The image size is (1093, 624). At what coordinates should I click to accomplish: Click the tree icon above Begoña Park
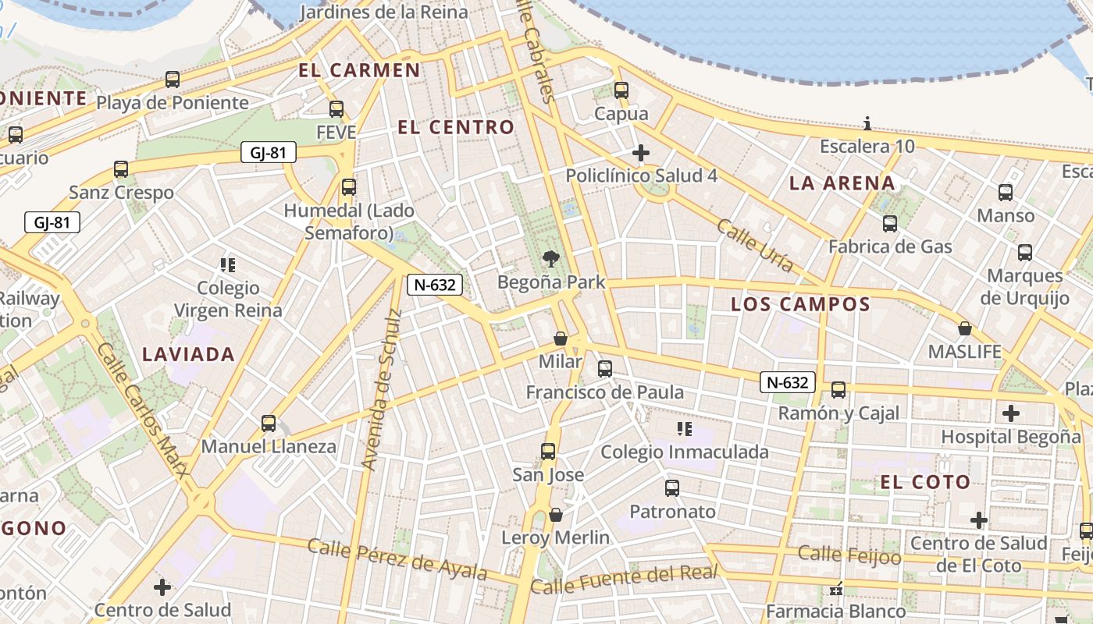coord(552,259)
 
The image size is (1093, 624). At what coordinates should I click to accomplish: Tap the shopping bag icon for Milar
coord(560,339)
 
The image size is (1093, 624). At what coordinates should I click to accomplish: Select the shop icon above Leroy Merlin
coord(556,515)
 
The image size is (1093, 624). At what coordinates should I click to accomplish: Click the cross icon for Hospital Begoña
coord(1011,413)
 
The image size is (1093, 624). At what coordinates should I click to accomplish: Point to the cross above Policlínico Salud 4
coord(641,152)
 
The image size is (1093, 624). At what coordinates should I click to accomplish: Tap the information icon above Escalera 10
coord(867,123)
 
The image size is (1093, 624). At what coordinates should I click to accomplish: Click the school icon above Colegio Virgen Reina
coord(228,265)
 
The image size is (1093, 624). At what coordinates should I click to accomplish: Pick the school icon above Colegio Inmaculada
coord(685,428)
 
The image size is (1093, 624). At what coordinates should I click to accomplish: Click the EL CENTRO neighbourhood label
coord(456,127)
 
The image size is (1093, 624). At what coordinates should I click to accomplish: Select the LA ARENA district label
coord(842,183)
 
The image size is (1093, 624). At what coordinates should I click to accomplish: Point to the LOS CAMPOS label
coord(800,304)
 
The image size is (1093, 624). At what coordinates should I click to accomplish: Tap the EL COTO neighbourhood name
coord(925,482)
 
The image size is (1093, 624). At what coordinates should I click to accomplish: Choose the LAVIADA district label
coord(188,354)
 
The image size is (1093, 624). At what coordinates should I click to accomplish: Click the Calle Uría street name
coord(754,246)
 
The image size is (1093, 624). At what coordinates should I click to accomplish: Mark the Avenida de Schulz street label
coord(382,390)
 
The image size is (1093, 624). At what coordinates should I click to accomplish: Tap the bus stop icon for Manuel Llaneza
coord(269,424)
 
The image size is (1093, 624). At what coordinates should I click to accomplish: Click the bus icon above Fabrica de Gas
coord(890,224)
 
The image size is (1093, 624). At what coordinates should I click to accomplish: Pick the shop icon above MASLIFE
coord(965,328)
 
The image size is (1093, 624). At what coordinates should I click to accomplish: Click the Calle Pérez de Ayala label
coord(397,558)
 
